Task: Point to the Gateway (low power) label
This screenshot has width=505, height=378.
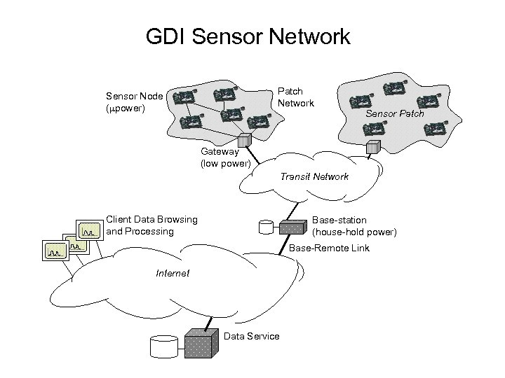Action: (x=225, y=157)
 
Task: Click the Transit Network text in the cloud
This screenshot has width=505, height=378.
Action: (x=314, y=176)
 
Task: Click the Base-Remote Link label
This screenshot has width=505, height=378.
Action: (x=329, y=248)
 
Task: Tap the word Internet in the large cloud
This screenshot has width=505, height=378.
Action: (x=173, y=273)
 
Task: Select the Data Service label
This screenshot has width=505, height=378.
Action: (x=251, y=337)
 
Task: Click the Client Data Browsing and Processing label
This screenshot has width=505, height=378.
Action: (x=151, y=225)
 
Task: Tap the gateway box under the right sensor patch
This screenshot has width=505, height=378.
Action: (x=373, y=147)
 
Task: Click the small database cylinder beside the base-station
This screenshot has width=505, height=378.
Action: (x=266, y=227)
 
